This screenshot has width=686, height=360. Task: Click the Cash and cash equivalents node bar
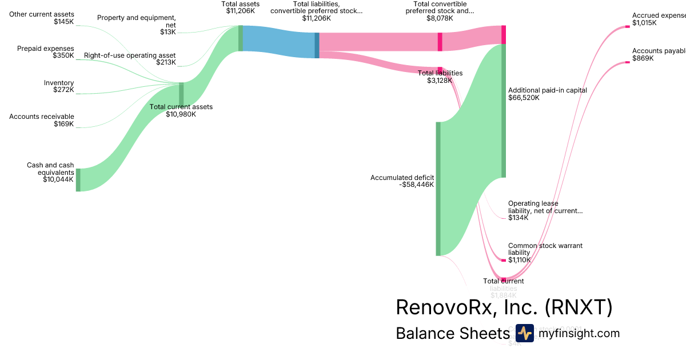(x=78, y=179)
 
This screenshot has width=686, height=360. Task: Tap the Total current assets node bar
(x=181, y=94)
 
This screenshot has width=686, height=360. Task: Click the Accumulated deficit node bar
(x=438, y=189)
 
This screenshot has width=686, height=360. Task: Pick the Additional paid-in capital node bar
(x=504, y=110)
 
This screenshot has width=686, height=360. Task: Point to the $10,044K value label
(x=58, y=179)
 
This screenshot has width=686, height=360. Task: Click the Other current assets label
(x=41, y=14)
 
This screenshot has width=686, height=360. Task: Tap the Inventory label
(x=59, y=83)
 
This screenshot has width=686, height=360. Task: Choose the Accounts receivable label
(x=42, y=117)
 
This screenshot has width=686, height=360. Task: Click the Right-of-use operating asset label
(x=130, y=55)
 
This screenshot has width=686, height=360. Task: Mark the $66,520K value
(x=524, y=98)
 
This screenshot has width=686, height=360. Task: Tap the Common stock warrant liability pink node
(x=504, y=260)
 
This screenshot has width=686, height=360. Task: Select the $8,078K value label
(x=440, y=18)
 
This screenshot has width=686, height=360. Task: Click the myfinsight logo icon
(x=524, y=333)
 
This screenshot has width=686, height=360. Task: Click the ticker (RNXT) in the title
(x=579, y=307)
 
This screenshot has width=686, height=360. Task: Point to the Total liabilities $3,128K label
(x=440, y=77)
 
